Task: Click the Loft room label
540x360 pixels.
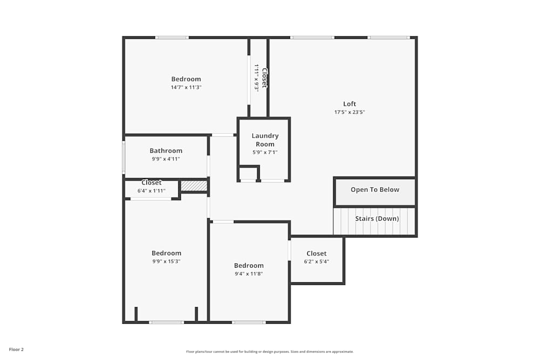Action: [349, 104]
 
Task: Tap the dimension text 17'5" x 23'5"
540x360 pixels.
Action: [349, 112]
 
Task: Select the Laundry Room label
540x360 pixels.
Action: [265, 140]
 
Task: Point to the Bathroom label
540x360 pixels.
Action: [166, 151]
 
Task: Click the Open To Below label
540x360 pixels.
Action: [375, 189]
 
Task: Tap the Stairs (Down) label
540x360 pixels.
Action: [377, 219]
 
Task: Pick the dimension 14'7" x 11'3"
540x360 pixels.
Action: [186, 87]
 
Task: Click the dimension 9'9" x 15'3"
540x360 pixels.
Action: [166, 261]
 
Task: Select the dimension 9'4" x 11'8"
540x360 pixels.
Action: [248, 274]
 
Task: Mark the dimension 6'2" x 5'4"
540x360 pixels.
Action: [316, 262]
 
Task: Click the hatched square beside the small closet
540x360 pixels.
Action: [194, 186]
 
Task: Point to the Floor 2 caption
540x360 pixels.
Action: [16, 349]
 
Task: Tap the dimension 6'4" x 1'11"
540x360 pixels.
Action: [151, 191]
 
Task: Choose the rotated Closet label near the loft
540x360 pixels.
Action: [265, 77]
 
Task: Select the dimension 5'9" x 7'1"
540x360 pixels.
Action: [265, 152]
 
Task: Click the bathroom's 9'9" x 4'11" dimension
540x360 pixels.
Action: [166, 159]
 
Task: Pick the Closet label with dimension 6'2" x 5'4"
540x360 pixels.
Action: [316, 254]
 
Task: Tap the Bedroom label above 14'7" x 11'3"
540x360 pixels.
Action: [186, 79]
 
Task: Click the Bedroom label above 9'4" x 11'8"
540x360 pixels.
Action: [248, 266]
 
